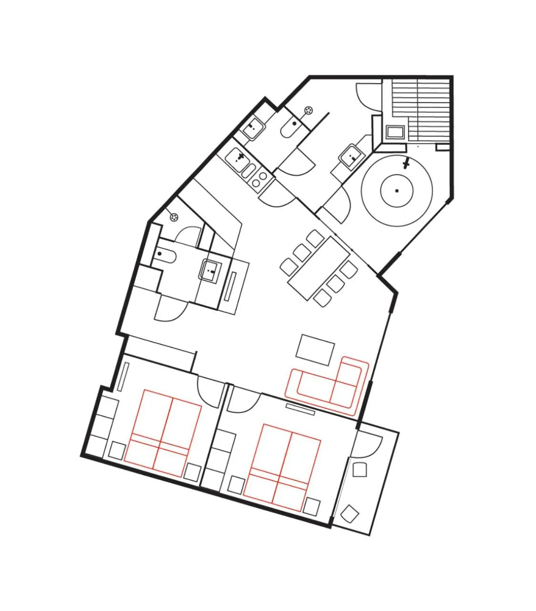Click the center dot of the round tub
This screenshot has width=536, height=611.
click(x=397, y=191)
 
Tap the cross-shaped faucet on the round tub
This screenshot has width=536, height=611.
click(x=406, y=165)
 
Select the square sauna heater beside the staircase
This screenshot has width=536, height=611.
click(x=395, y=132)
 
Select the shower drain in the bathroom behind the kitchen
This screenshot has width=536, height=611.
click(x=309, y=111)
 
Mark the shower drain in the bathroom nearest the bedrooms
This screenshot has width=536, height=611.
click(x=175, y=217)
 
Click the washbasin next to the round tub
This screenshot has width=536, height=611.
click(x=352, y=155)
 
